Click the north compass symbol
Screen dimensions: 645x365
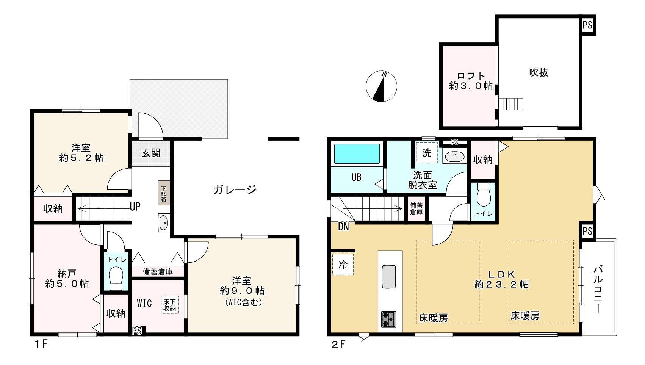pos(381,86)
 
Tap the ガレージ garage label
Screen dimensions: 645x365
pos(235,190)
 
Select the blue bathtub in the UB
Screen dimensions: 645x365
pos(357,154)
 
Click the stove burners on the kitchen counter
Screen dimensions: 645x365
pos(388,319)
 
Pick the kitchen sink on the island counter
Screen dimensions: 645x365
pos(389,277)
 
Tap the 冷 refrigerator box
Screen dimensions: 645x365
pos(343,265)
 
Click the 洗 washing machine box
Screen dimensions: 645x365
pos(427,153)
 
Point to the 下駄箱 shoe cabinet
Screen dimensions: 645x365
pos(164,193)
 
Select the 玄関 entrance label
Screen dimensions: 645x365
pos(151,153)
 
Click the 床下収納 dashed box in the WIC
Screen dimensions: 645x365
pos(170,305)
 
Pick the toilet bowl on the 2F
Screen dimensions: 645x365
pos(484,195)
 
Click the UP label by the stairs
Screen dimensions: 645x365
pos(135,207)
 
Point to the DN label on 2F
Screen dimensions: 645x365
pos(343,227)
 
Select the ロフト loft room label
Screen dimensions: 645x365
pos(471,76)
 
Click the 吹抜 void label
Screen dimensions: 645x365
pos(539,72)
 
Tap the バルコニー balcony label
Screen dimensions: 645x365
pos(598,290)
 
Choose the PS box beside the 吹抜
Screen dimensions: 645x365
pos(587,25)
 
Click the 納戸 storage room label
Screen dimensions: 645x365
pos(67,273)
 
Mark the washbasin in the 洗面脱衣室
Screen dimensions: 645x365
pos(454,157)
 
